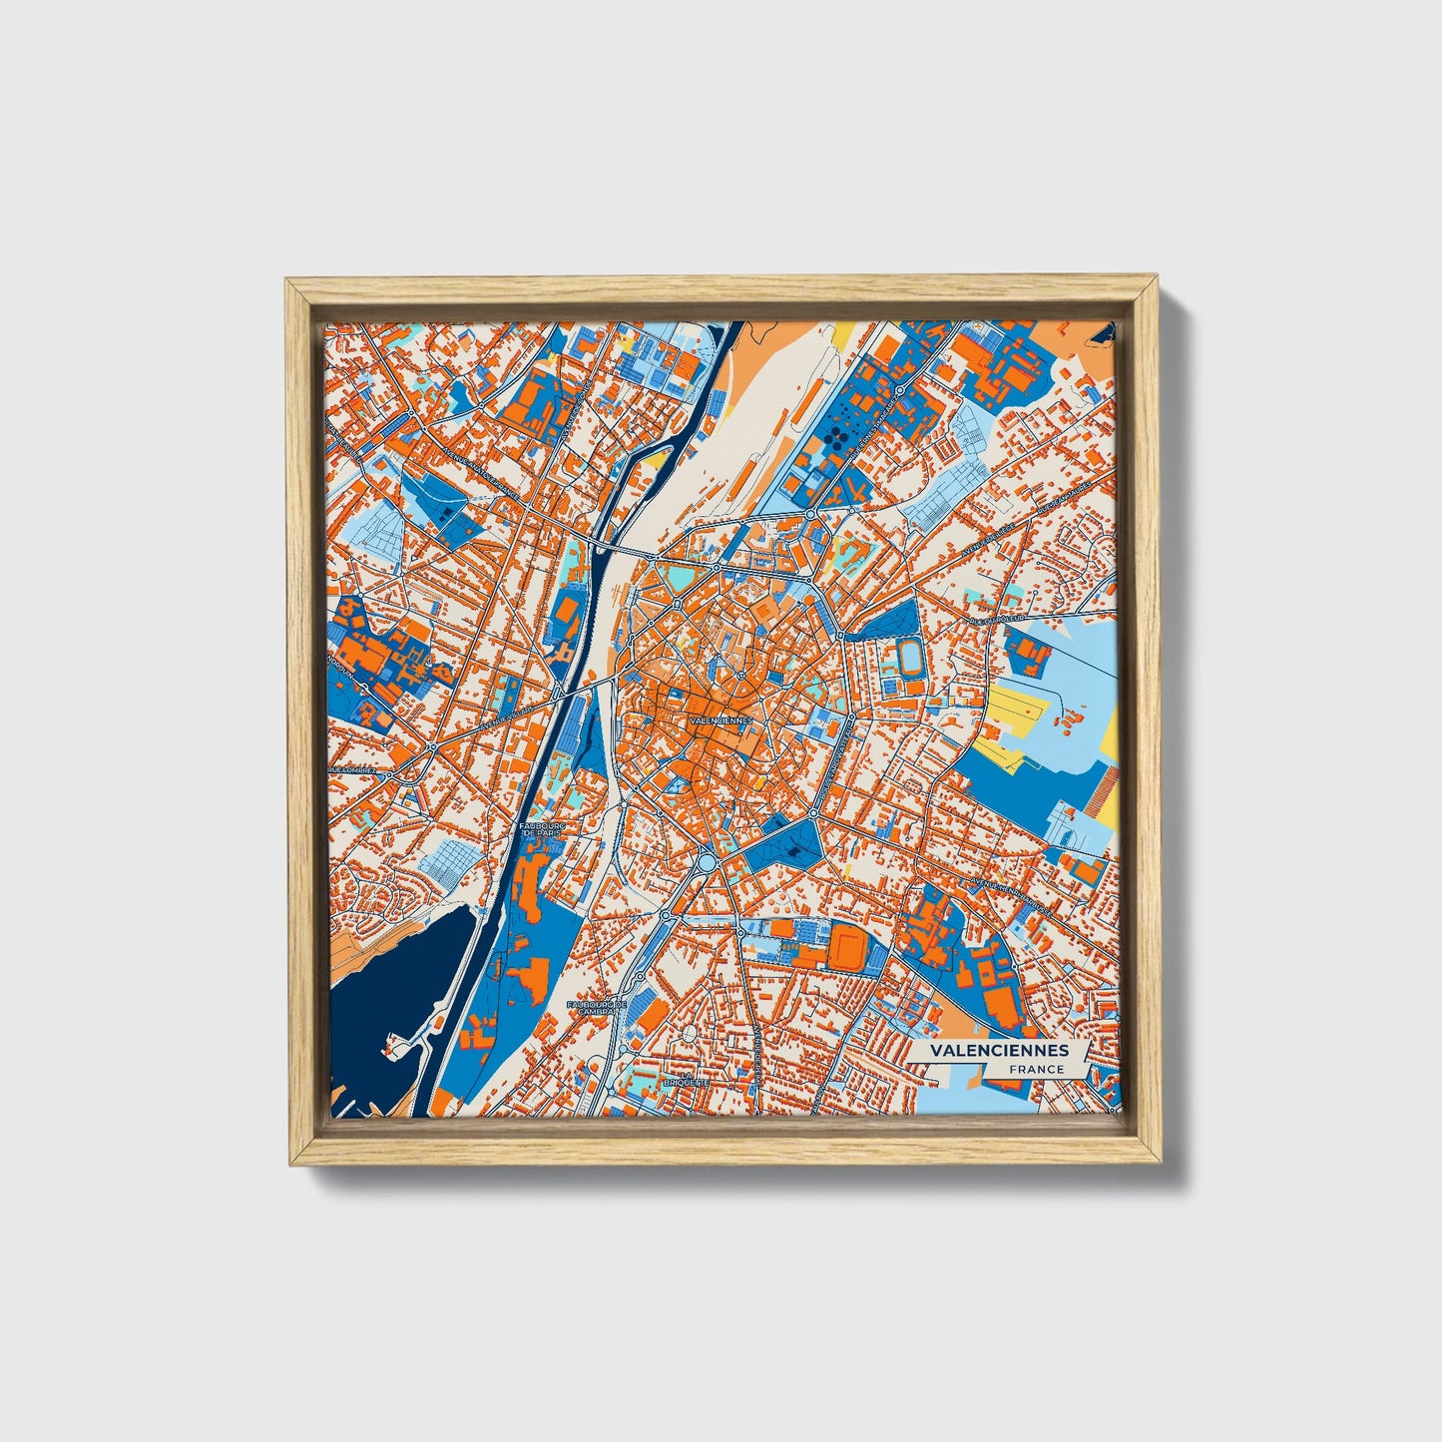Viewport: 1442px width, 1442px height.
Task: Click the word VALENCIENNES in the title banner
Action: pos(998,1051)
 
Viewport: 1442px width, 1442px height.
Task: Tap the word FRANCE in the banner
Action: pos(1035,1069)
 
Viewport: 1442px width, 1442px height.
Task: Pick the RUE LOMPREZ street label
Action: pos(353,770)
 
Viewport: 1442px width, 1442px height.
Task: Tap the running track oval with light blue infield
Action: pos(908,656)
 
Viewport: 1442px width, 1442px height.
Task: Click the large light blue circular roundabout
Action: pos(708,860)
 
